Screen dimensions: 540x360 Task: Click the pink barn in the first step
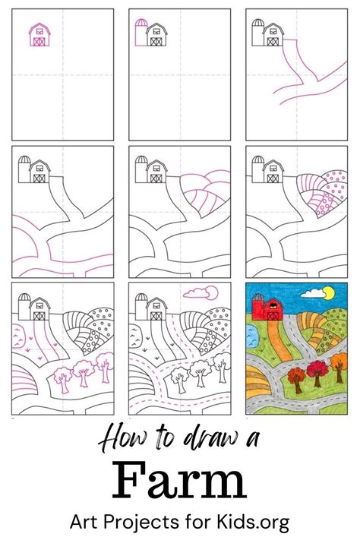point(39,35)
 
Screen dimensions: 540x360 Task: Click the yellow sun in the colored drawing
point(328,292)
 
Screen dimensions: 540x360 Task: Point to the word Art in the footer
point(86,523)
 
